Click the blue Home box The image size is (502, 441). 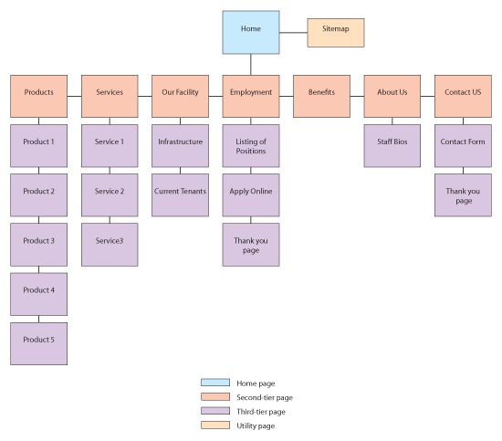click(x=251, y=33)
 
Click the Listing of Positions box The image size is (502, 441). click(x=251, y=146)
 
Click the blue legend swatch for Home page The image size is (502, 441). click(x=213, y=383)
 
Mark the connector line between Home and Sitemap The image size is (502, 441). click(x=293, y=33)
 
